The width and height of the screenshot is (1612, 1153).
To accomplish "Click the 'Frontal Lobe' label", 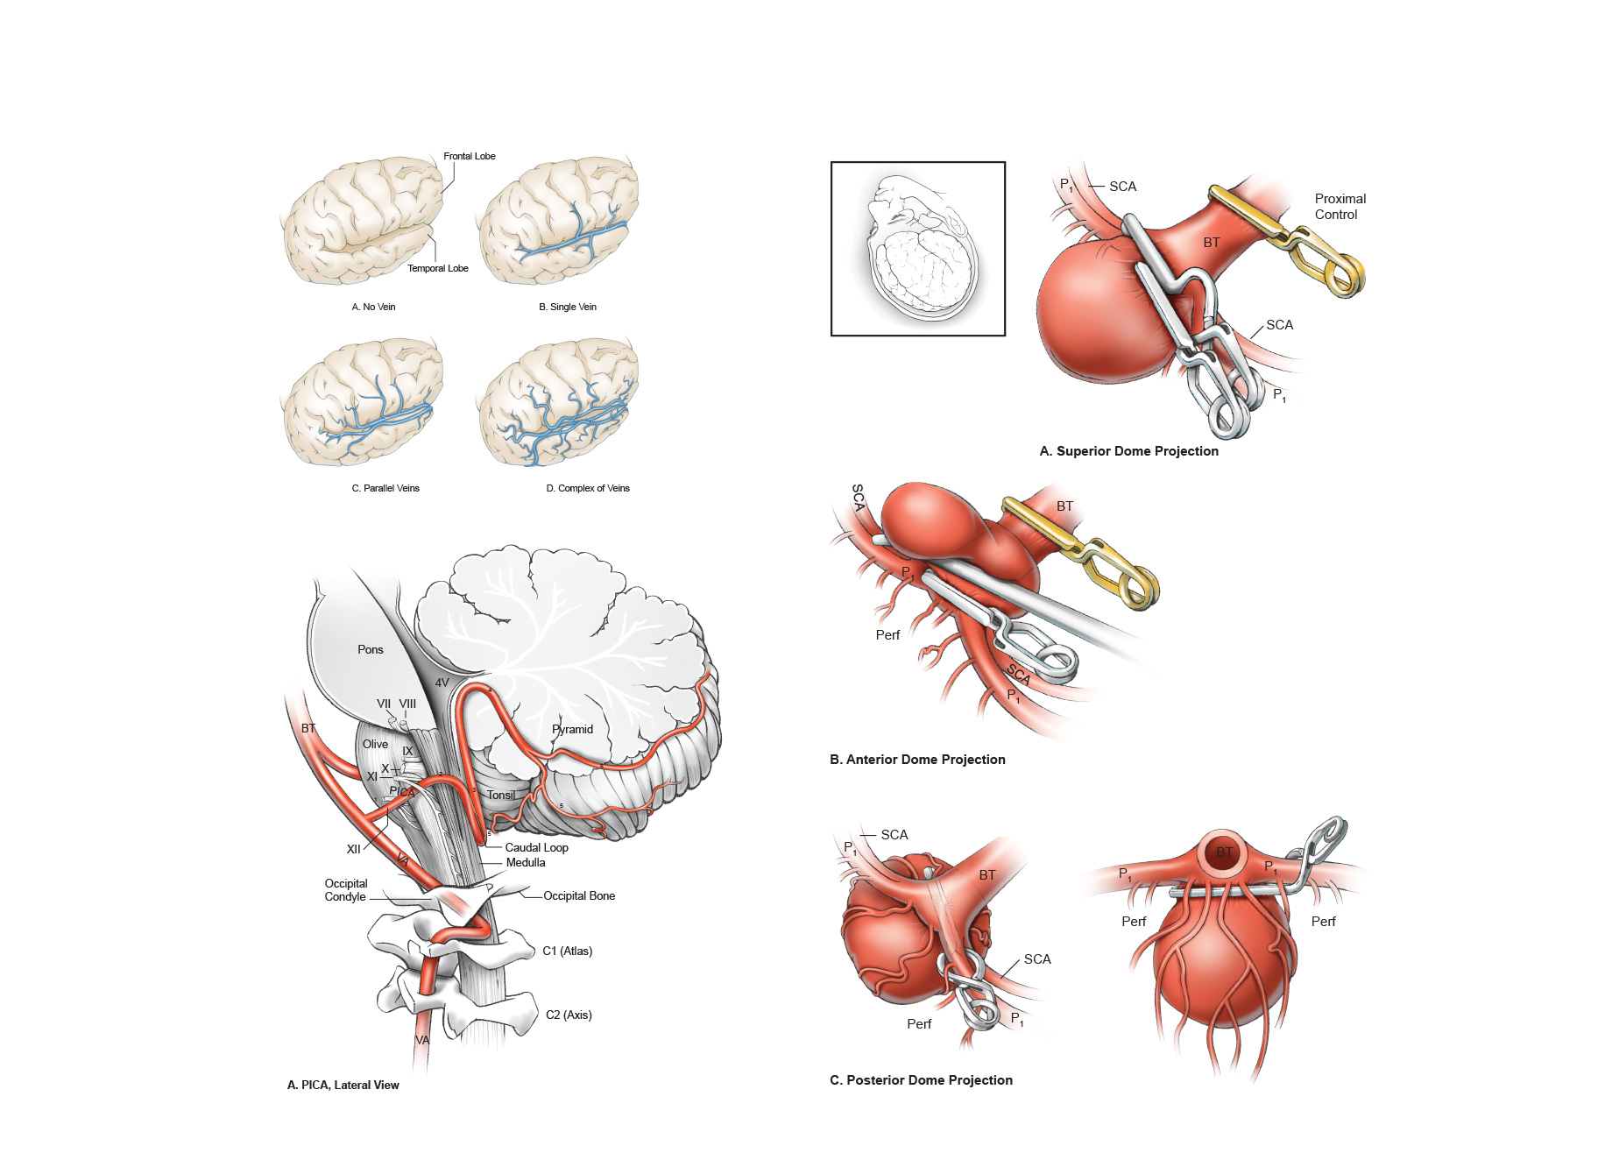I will (469, 156).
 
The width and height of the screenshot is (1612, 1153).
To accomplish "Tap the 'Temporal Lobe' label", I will (437, 268).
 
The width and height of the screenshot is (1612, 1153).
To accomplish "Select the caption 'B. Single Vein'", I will (567, 307).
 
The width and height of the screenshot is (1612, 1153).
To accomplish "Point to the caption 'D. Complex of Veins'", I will (587, 488).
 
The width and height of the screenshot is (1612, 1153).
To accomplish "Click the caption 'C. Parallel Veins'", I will (385, 488).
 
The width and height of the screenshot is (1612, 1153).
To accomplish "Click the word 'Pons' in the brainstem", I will (370, 649).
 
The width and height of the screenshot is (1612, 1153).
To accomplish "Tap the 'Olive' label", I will (375, 744).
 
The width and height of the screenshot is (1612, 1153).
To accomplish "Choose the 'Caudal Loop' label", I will (536, 847).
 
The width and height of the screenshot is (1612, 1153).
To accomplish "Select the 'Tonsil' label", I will (501, 795).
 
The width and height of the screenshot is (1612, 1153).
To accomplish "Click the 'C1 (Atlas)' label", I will (567, 951).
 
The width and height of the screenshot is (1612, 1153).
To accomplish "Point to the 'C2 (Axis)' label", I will (569, 1015).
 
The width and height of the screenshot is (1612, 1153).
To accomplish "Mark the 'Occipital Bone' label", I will (578, 895).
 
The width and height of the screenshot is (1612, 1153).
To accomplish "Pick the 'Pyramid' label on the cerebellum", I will (573, 729).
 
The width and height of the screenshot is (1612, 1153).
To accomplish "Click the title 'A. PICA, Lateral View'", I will (343, 1085).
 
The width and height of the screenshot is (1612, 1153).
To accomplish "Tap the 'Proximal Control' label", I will (1339, 207).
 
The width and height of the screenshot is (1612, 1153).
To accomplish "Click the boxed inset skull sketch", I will (917, 249).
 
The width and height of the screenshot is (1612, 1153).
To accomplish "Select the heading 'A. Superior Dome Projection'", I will (1128, 451).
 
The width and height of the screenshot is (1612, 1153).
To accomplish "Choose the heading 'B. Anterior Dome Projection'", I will (917, 760).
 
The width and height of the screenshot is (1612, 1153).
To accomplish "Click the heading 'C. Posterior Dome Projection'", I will (921, 1080).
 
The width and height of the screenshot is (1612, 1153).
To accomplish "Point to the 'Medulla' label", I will (526, 862).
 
